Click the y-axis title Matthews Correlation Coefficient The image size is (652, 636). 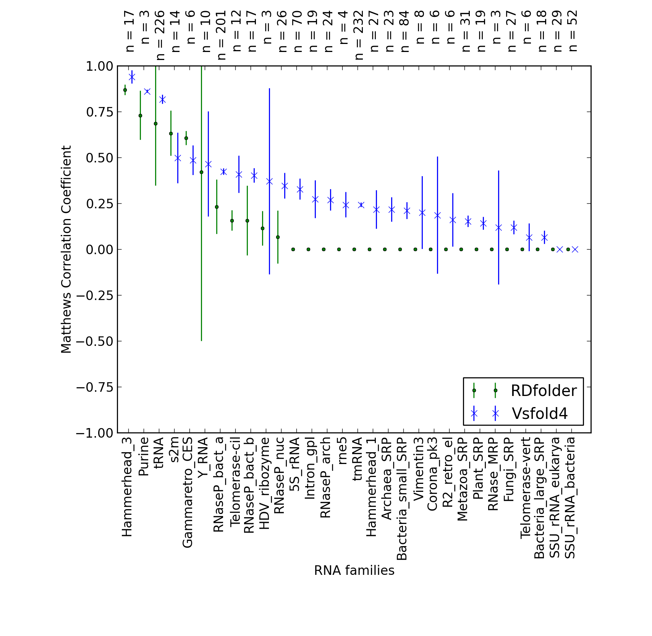pos(66,249)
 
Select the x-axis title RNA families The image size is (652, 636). pos(354,570)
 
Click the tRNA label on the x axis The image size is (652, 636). pos(159,453)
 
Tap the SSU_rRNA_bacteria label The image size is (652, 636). pos(570,498)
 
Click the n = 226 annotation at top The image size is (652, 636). pos(160,35)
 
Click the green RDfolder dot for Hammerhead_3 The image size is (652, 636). pos(125,90)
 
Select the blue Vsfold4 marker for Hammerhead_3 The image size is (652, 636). pos(132,77)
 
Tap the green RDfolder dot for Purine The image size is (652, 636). pos(140,115)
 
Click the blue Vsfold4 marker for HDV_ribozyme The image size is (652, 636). pos(269,181)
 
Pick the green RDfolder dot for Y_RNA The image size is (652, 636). pos(201,172)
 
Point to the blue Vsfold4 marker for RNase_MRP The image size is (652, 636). pos(498,228)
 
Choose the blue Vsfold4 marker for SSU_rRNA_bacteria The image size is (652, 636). pos(575,249)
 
